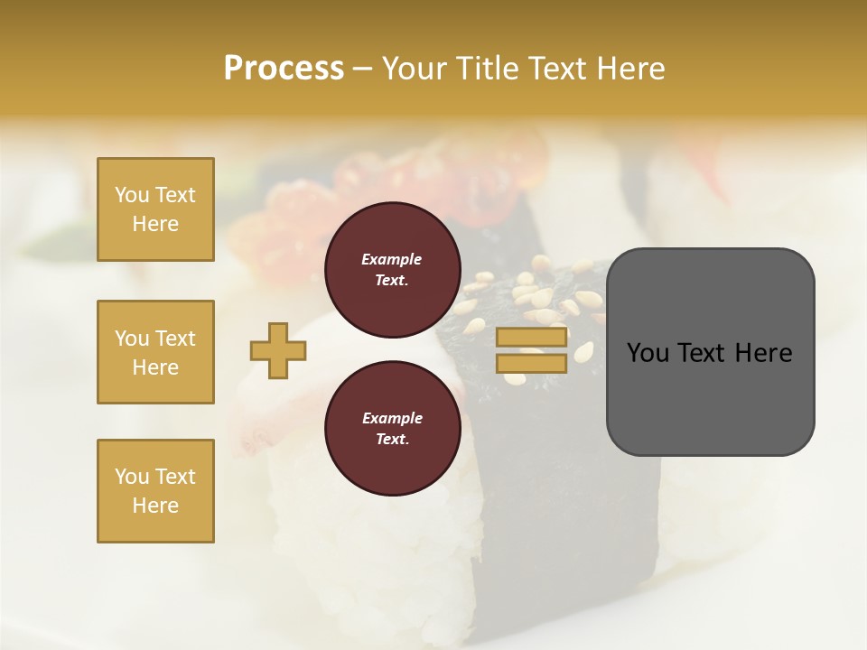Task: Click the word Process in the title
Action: pyautogui.click(x=284, y=69)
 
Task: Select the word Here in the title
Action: pyautogui.click(x=629, y=69)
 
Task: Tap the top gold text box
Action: pyautogui.click(x=155, y=209)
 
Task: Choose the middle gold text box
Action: pyautogui.click(x=155, y=352)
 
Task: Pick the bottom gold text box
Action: pyautogui.click(x=155, y=491)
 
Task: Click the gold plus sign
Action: pyautogui.click(x=278, y=350)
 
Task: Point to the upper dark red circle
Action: pyautogui.click(x=392, y=270)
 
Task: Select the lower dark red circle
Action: pyautogui.click(x=392, y=429)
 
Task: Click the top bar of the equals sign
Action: pyautogui.click(x=531, y=337)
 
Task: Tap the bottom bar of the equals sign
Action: pyautogui.click(x=531, y=363)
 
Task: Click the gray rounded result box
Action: pyautogui.click(x=710, y=351)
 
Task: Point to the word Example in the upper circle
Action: pyautogui.click(x=392, y=259)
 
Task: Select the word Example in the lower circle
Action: pyautogui.click(x=392, y=418)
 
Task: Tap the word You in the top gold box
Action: pyautogui.click(x=132, y=195)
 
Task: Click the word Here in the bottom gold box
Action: pyautogui.click(x=155, y=506)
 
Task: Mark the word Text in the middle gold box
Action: pyautogui.click(x=175, y=339)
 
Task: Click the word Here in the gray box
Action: pyautogui.click(x=763, y=352)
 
